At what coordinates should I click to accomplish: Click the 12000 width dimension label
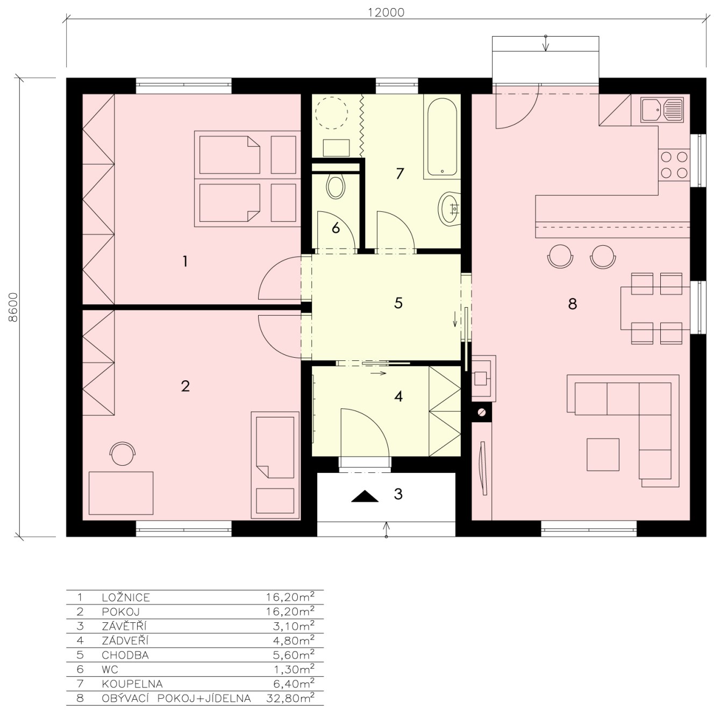coord(386,13)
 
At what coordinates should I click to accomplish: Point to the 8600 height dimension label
coord(13,307)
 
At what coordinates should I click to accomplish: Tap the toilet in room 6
coord(335,186)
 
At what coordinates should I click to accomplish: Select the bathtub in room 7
coord(442,137)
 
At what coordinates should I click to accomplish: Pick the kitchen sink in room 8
coord(661,110)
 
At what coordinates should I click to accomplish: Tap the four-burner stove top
coord(674,165)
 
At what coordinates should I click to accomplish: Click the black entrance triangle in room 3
coord(365,496)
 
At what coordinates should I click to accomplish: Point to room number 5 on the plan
coord(398,303)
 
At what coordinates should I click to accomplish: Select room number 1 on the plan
coord(185,261)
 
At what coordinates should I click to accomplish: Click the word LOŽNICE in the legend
coord(126,598)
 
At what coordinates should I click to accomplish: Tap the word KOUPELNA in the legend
coord(132,684)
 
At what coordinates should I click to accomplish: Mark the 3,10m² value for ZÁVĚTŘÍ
coord(294,626)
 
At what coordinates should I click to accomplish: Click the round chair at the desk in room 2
coord(123,453)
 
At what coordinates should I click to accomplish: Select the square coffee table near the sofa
coord(603,455)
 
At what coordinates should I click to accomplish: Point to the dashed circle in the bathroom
coord(331,113)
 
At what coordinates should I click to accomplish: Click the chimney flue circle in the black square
coord(482,413)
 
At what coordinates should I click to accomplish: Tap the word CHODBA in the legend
coord(125,655)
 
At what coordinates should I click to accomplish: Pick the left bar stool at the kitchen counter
coord(560,256)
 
